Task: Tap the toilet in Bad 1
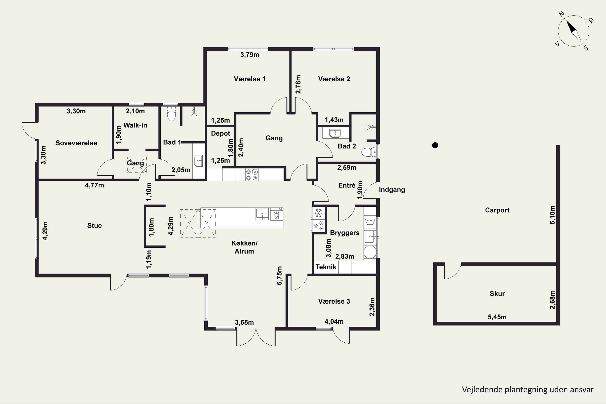pyautogui.click(x=171, y=114)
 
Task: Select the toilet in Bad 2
pyautogui.click(x=369, y=152)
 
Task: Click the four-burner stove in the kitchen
pyautogui.click(x=252, y=175)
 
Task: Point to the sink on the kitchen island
pyautogui.click(x=262, y=214)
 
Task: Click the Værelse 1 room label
pyautogui.click(x=249, y=79)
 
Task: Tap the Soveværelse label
pyautogui.click(x=76, y=143)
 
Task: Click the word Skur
pyautogui.click(x=497, y=294)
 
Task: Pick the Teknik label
pyautogui.click(x=326, y=267)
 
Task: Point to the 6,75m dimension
pyautogui.click(x=279, y=276)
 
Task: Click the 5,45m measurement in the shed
pyautogui.click(x=497, y=317)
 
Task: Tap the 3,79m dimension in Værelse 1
pyautogui.click(x=250, y=55)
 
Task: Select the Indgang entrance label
pyautogui.click(x=392, y=190)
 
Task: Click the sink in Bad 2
pyautogui.click(x=335, y=133)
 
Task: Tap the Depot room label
pyautogui.click(x=221, y=134)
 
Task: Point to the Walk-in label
pyautogui.click(x=135, y=125)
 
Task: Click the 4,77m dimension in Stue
pyautogui.click(x=94, y=185)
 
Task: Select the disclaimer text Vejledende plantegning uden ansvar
pyautogui.click(x=528, y=390)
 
